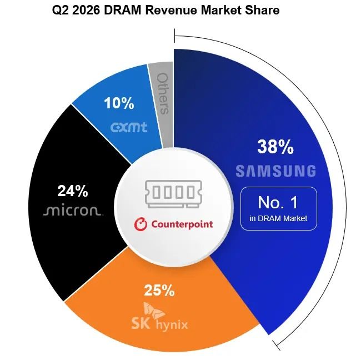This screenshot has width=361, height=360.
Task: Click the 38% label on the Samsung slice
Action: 275,147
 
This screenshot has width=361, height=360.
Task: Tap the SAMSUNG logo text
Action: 276,171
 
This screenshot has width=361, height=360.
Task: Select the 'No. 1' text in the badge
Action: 278,202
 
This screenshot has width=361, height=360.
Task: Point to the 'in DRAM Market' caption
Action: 278,218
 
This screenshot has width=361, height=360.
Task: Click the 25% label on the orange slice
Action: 159,290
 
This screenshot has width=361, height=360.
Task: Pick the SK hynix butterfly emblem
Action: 154,311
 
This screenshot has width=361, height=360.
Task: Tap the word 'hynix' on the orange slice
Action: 172,325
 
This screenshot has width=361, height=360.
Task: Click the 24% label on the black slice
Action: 73,191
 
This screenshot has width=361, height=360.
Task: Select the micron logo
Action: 72,211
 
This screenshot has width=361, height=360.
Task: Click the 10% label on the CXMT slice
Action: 119,103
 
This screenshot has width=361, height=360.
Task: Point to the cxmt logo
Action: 129,127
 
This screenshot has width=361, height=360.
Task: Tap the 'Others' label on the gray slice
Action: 163,93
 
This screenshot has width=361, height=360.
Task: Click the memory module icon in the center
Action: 173,194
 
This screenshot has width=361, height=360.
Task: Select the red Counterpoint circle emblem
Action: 141,224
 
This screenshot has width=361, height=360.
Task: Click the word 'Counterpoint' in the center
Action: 182,224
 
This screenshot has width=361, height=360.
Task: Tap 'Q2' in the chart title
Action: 61,11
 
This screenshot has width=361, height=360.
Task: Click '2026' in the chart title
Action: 86,10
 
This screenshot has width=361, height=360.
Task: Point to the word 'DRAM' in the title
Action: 123,10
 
